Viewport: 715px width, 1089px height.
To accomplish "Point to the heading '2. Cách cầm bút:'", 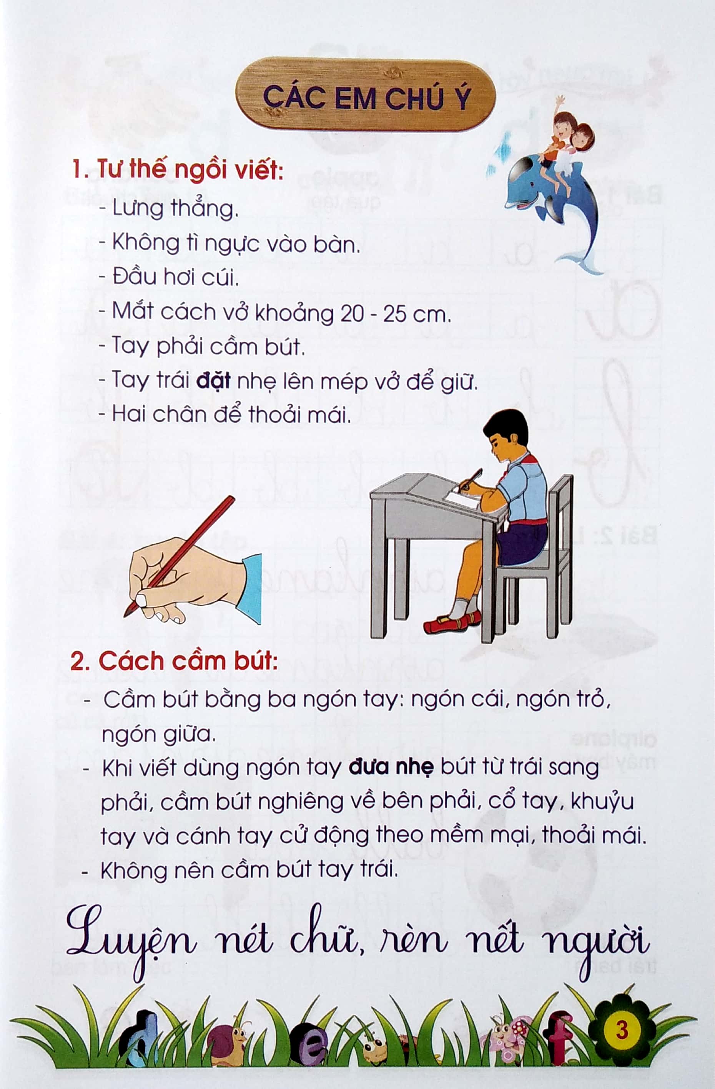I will [x=174, y=662].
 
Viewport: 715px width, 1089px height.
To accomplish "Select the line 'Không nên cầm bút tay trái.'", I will [x=249, y=870].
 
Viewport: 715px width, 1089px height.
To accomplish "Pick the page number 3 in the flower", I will [x=622, y=1030].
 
